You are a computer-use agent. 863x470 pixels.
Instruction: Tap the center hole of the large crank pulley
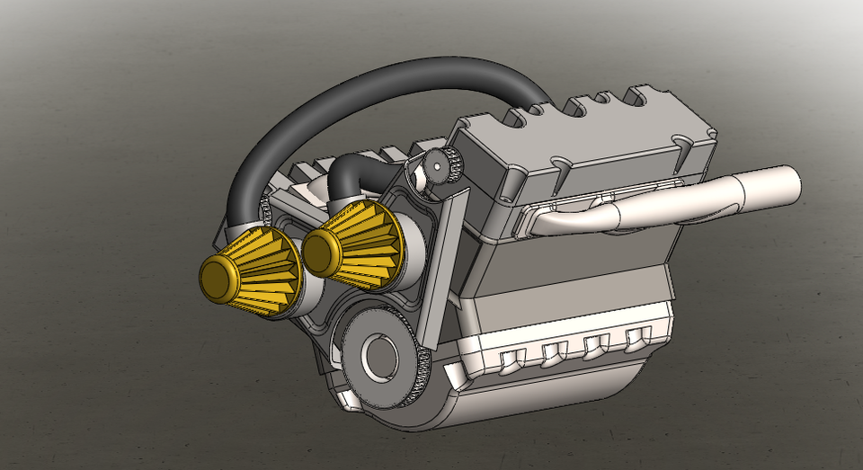click(380, 357)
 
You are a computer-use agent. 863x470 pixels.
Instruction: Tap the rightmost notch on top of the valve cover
click(646, 93)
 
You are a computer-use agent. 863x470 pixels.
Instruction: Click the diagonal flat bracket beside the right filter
click(438, 261)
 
